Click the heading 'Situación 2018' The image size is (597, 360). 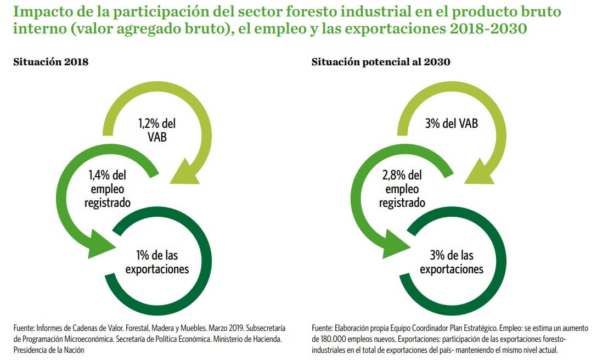[x=50, y=62]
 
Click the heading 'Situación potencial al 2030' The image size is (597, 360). [x=381, y=62]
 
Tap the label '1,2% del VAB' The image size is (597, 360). [x=156, y=130]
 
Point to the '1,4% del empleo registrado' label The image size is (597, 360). [x=107, y=189]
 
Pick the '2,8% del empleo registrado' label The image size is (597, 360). [x=402, y=189]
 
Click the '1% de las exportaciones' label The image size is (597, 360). [x=157, y=262]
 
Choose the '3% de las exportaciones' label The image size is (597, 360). [x=452, y=262]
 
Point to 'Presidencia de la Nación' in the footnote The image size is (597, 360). [x=49, y=350]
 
